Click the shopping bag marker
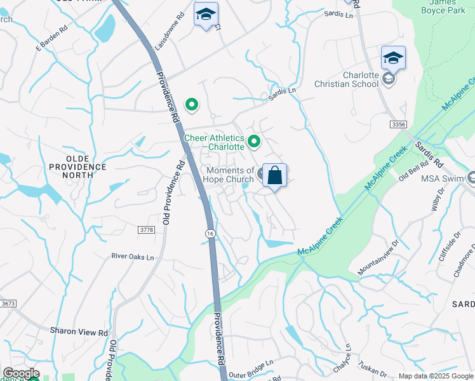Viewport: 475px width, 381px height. point(274,175)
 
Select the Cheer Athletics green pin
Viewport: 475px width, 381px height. point(255,141)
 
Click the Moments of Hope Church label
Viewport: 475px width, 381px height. point(229,175)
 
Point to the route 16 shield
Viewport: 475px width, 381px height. point(210,234)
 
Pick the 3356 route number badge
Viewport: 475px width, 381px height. point(399,124)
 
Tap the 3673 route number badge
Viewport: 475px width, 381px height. point(8,304)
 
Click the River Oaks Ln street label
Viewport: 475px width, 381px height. point(133,257)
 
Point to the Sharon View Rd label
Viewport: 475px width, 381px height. point(79,331)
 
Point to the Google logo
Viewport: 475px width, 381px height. point(21,374)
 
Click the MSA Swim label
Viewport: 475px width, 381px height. point(444,178)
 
